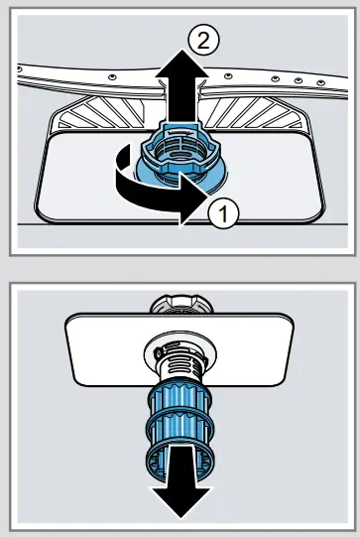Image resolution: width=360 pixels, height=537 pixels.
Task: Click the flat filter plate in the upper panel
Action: click(x=89, y=184)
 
